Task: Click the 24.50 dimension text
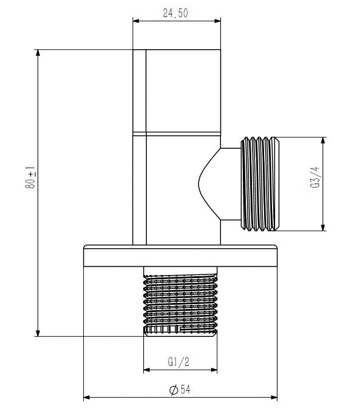(175, 13)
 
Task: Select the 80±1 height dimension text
(30, 177)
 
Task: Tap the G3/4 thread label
(315, 177)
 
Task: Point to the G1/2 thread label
(178, 362)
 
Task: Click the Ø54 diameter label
(180, 390)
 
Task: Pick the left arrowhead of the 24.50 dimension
(136, 21)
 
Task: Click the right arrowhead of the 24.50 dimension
(217, 21)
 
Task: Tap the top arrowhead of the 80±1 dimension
(38, 53)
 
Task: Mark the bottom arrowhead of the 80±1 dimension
(38, 333)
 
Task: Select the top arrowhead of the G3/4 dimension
(323, 140)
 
